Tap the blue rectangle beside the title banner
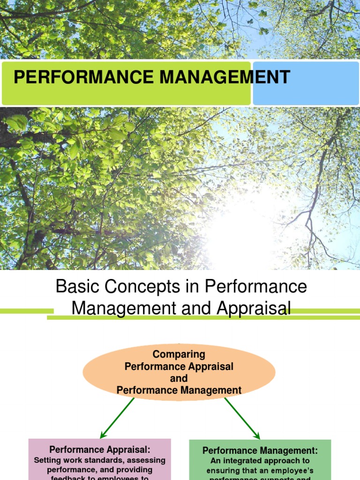(306, 83)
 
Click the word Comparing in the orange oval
(179, 354)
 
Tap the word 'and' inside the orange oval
(179, 378)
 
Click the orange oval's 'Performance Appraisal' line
(179, 367)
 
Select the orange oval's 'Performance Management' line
(179, 390)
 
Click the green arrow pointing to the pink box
(117, 418)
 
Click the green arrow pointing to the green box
(242, 418)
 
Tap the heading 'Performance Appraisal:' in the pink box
(100, 450)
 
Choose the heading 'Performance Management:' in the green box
(260, 451)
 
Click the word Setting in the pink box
(49, 460)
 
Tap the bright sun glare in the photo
(244, 225)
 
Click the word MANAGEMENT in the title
(225, 77)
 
